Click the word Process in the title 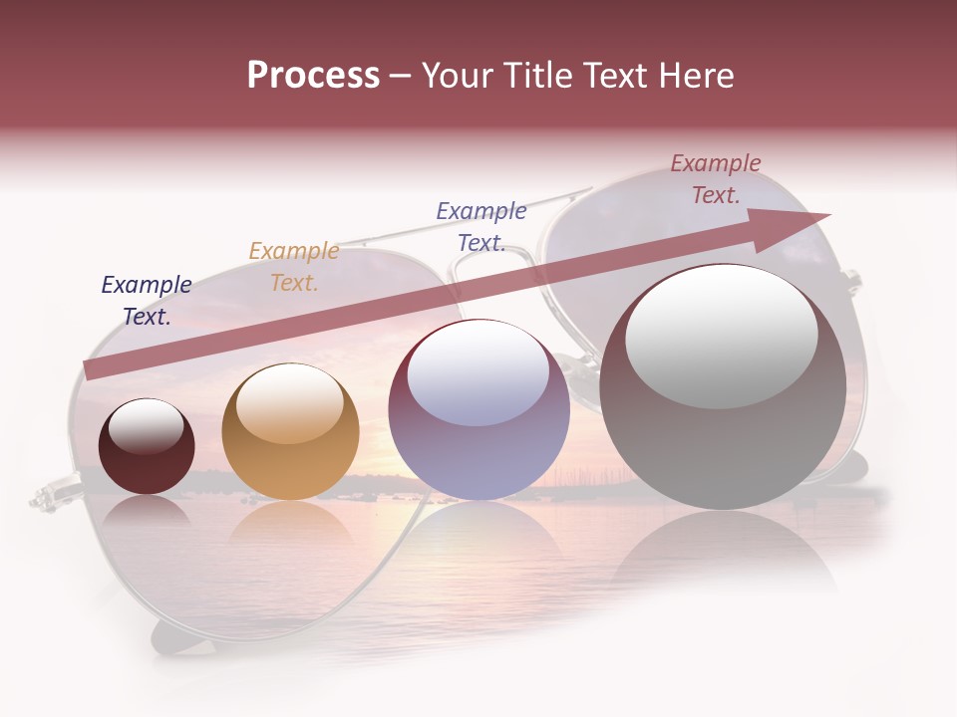[313, 76]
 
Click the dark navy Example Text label [147, 301]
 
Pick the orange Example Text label [294, 267]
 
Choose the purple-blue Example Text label [481, 226]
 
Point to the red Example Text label [715, 179]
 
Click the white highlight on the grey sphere [722, 334]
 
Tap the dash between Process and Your [401, 76]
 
